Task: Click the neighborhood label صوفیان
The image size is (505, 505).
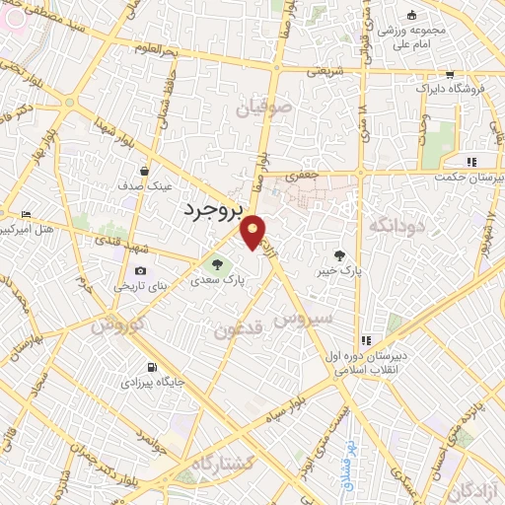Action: coord(263,108)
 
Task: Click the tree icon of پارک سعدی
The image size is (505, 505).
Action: coord(217,263)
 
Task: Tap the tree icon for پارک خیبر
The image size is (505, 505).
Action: coord(340,254)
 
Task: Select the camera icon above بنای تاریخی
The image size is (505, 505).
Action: coord(139,271)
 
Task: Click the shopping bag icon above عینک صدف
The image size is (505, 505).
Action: coord(145,171)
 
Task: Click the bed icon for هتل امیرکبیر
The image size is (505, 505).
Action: coord(26,214)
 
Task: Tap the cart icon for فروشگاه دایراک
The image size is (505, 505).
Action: coord(449,75)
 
